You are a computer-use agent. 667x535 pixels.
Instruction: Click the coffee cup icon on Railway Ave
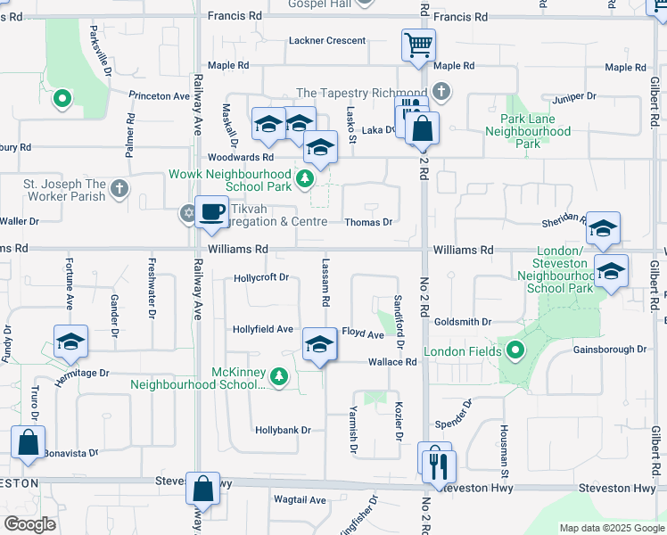211,212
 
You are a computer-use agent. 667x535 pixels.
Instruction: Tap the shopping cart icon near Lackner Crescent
417,44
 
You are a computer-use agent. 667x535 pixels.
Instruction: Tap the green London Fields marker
514,351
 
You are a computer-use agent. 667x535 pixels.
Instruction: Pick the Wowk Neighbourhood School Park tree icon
305,179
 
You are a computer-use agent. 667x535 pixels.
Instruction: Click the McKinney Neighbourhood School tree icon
279,377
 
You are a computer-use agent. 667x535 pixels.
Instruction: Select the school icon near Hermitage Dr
70,342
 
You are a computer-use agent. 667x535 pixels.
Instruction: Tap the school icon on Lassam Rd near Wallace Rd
318,346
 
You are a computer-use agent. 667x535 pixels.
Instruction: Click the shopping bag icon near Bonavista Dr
28,442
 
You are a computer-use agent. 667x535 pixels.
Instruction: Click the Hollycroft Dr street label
261,277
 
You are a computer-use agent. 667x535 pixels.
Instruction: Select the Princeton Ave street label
160,95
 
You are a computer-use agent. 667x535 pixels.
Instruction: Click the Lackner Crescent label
327,40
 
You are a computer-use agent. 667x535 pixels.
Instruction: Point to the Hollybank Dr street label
283,430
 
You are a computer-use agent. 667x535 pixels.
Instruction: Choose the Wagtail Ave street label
300,500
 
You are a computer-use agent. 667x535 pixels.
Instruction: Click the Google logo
30,524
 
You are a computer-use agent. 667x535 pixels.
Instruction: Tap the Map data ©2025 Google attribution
611,528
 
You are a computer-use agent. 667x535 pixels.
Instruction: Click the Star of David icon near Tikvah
187,213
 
